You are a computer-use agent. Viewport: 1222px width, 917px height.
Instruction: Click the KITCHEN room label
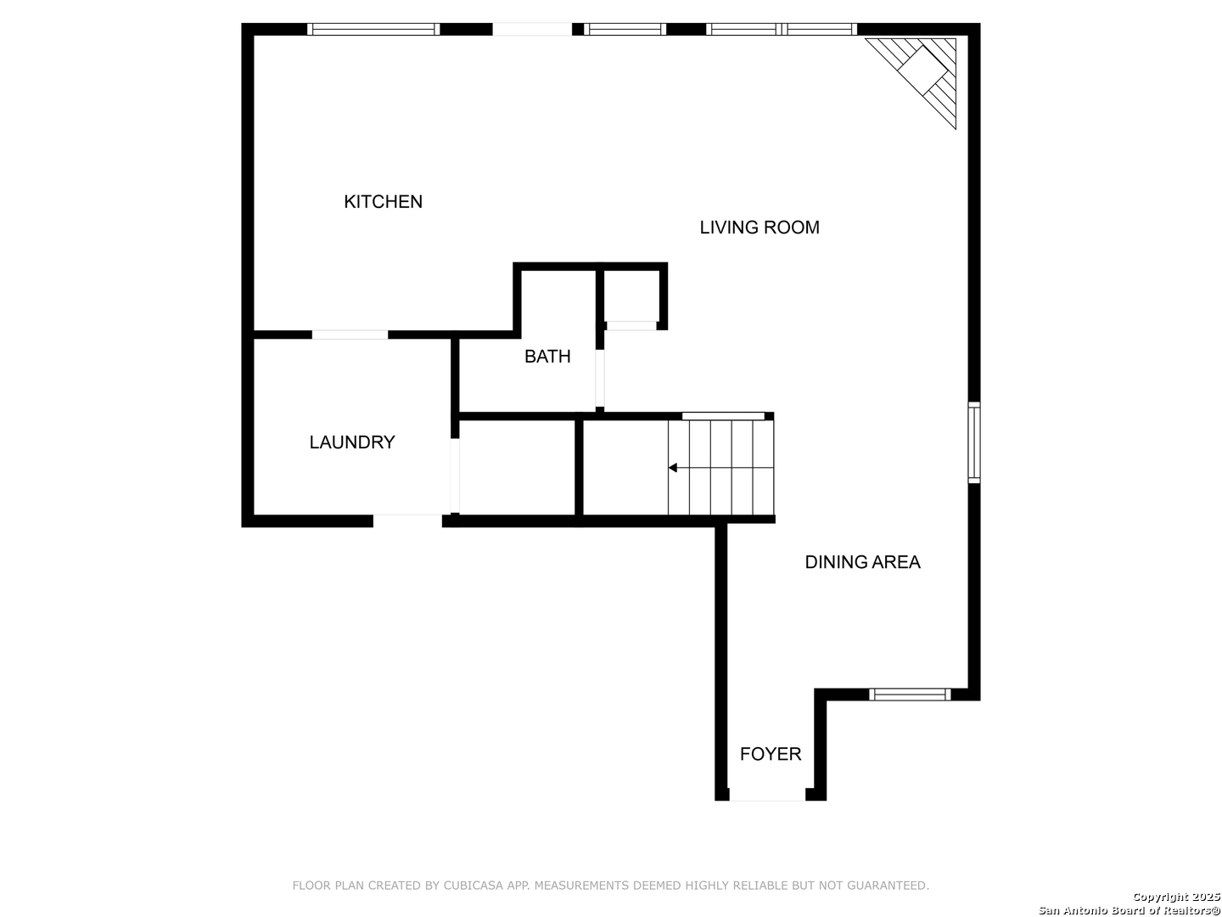point(383,201)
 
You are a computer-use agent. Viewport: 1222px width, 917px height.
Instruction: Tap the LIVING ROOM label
point(760,228)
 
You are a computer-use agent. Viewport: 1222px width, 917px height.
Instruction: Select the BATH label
point(547,357)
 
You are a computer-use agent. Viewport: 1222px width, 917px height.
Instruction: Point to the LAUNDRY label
point(352,442)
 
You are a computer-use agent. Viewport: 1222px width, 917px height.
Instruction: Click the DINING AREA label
point(862,562)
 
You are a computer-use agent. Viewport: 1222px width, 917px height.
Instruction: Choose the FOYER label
point(771,754)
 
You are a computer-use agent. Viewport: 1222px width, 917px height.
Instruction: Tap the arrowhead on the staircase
point(672,468)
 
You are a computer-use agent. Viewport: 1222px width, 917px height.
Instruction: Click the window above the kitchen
point(373,29)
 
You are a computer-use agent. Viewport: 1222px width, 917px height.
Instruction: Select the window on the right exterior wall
point(973,442)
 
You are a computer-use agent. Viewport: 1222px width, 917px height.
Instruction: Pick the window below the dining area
point(910,695)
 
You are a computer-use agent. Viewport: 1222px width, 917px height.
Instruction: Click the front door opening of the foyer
point(767,795)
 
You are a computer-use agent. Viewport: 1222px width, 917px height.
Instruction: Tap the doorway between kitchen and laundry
point(350,335)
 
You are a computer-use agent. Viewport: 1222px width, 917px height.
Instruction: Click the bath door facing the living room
point(600,379)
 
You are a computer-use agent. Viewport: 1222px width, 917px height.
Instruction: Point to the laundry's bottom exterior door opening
point(407,520)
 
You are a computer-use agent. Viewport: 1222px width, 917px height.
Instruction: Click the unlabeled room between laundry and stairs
point(517,467)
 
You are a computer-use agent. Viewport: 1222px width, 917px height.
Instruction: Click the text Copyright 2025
point(1176,897)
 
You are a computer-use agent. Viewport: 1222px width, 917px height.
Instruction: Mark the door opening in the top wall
point(532,29)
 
